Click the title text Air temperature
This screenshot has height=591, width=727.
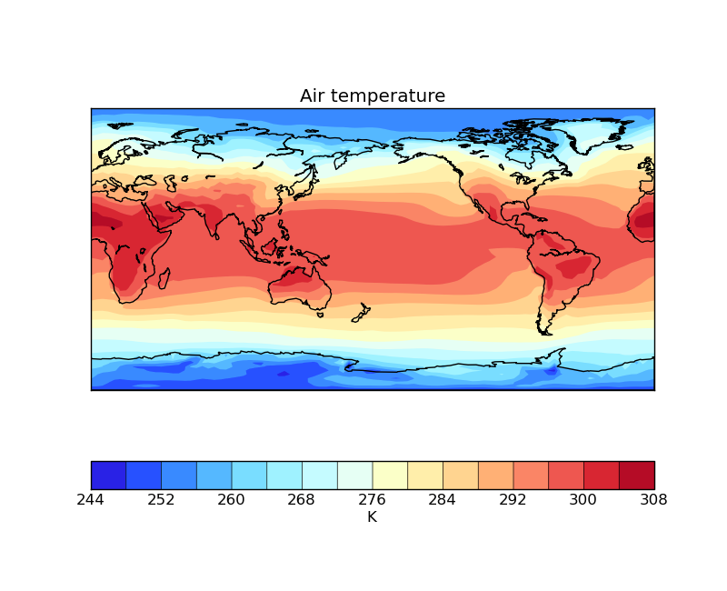(x=373, y=96)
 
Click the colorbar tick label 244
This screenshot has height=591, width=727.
(x=91, y=499)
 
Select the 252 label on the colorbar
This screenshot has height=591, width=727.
(x=161, y=499)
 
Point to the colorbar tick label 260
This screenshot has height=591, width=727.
(x=232, y=499)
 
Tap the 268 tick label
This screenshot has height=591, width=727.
(x=302, y=499)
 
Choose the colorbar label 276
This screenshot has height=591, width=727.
(x=373, y=499)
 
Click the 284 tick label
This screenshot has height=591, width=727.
(x=443, y=499)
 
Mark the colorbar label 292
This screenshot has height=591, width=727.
(x=513, y=499)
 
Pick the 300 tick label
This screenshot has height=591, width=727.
(x=583, y=499)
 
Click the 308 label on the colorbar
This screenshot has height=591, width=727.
(x=654, y=499)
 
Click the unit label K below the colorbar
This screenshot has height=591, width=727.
(x=372, y=517)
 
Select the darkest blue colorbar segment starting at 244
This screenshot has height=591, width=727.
(x=108, y=475)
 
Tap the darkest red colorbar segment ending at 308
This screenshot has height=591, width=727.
(x=636, y=475)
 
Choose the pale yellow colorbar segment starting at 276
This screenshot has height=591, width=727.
(x=390, y=475)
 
